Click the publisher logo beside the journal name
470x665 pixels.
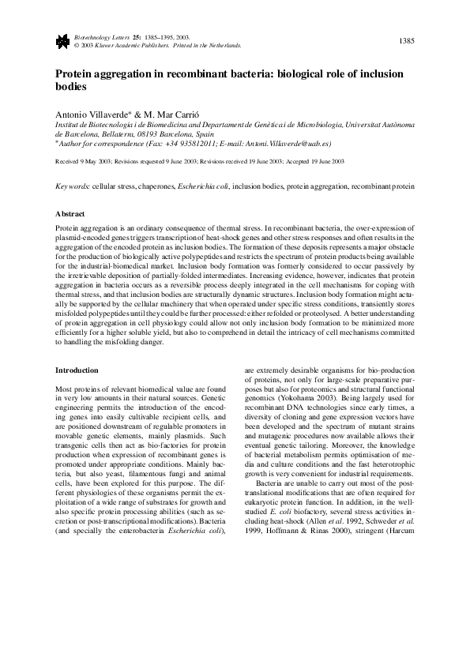click(x=62, y=39)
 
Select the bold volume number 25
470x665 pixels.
click(x=138, y=36)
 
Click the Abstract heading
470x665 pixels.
click(x=70, y=213)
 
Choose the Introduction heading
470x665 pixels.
click(x=77, y=370)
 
